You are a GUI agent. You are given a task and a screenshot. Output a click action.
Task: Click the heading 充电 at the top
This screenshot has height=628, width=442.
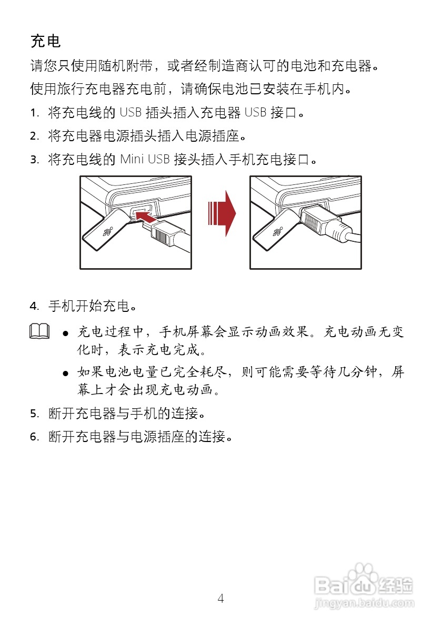[46, 41]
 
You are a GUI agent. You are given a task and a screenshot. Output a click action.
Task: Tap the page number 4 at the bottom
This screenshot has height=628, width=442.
[220, 598]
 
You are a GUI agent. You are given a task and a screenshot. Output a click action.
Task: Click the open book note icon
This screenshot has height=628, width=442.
[39, 331]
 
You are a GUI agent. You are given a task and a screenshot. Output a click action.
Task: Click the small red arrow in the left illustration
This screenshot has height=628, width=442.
[145, 214]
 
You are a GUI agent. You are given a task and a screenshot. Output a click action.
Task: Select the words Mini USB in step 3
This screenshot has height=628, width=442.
[144, 159]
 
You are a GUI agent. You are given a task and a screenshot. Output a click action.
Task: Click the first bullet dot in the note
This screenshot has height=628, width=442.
[66, 333]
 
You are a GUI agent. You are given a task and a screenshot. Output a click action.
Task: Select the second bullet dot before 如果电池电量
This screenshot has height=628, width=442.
[66, 373]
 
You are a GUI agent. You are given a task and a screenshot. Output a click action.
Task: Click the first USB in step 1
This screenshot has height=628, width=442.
[130, 113]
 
